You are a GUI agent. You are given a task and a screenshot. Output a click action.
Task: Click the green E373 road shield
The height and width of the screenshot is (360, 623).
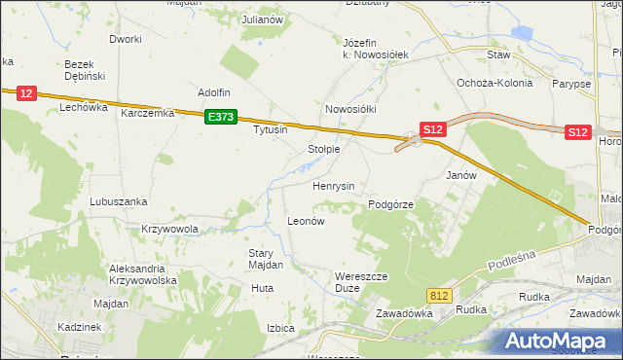point(221,117)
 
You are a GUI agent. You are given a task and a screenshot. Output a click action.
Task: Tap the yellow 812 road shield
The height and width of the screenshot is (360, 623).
point(440,294)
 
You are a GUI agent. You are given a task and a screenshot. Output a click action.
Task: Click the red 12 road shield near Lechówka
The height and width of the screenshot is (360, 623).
point(26,93)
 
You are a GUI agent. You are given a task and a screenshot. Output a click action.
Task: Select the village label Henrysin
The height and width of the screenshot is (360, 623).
point(333,185)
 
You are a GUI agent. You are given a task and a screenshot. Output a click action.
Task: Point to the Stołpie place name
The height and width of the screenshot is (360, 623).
point(323,149)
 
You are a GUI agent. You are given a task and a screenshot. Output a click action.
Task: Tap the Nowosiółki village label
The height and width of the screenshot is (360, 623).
point(350,110)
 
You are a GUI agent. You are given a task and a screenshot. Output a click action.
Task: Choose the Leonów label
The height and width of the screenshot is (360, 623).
point(305,221)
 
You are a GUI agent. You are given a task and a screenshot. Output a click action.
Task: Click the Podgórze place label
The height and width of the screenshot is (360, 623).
point(391,204)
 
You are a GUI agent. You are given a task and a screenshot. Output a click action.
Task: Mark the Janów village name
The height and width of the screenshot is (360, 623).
point(460,176)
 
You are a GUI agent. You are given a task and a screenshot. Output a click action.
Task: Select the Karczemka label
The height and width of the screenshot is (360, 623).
point(147,113)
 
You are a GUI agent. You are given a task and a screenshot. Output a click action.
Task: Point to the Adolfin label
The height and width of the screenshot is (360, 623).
point(214,92)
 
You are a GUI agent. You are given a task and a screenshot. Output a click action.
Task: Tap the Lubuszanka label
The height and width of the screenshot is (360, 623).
point(118,201)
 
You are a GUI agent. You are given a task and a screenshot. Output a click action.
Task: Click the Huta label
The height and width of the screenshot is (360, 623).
point(262,288)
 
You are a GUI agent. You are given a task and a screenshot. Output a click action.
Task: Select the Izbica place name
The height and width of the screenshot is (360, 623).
point(280,328)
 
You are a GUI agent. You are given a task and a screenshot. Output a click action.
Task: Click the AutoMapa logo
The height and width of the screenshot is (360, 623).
point(559,341)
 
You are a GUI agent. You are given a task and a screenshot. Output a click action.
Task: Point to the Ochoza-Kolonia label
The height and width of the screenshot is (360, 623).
point(495,83)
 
